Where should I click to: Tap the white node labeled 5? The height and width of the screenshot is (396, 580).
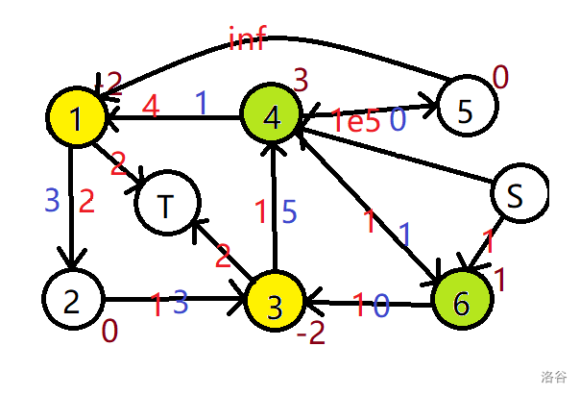point(466,111)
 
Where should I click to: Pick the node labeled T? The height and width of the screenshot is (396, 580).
point(167,205)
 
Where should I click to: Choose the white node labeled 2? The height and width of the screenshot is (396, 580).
point(71,302)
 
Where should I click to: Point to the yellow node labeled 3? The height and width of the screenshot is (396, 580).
point(275,307)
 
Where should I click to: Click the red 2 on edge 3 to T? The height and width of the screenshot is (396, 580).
point(223,256)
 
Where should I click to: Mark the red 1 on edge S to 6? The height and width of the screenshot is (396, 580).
point(488,240)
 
